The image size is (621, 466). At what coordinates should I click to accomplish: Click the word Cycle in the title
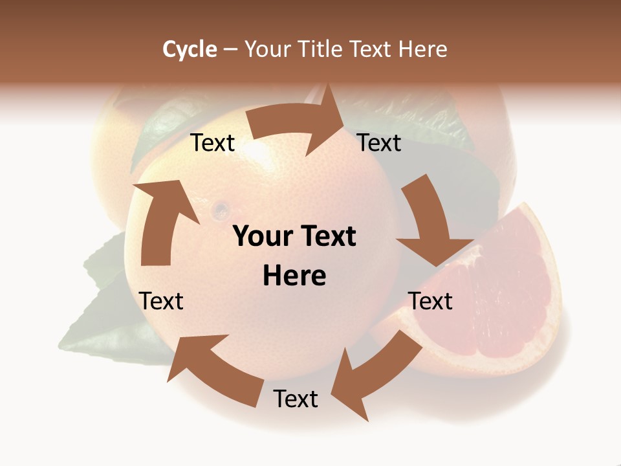(190, 49)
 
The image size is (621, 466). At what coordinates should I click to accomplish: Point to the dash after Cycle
(230, 50)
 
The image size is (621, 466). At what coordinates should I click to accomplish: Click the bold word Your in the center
(261, 236)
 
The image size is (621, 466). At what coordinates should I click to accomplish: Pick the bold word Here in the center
(294, 276)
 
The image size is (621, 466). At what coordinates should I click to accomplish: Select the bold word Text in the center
(327, 236)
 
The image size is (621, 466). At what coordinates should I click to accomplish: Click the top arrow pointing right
(298, 123)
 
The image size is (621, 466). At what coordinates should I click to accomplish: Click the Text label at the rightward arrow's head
(379, 142)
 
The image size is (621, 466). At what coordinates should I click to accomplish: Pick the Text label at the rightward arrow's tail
(213, 143)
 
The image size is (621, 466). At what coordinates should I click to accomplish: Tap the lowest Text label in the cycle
(296, 399)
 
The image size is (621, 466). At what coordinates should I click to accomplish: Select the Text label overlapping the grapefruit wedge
(430, 301)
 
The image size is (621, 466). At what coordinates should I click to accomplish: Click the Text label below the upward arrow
(161, 301)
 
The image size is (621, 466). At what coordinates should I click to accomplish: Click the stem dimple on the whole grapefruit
(221, 208)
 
